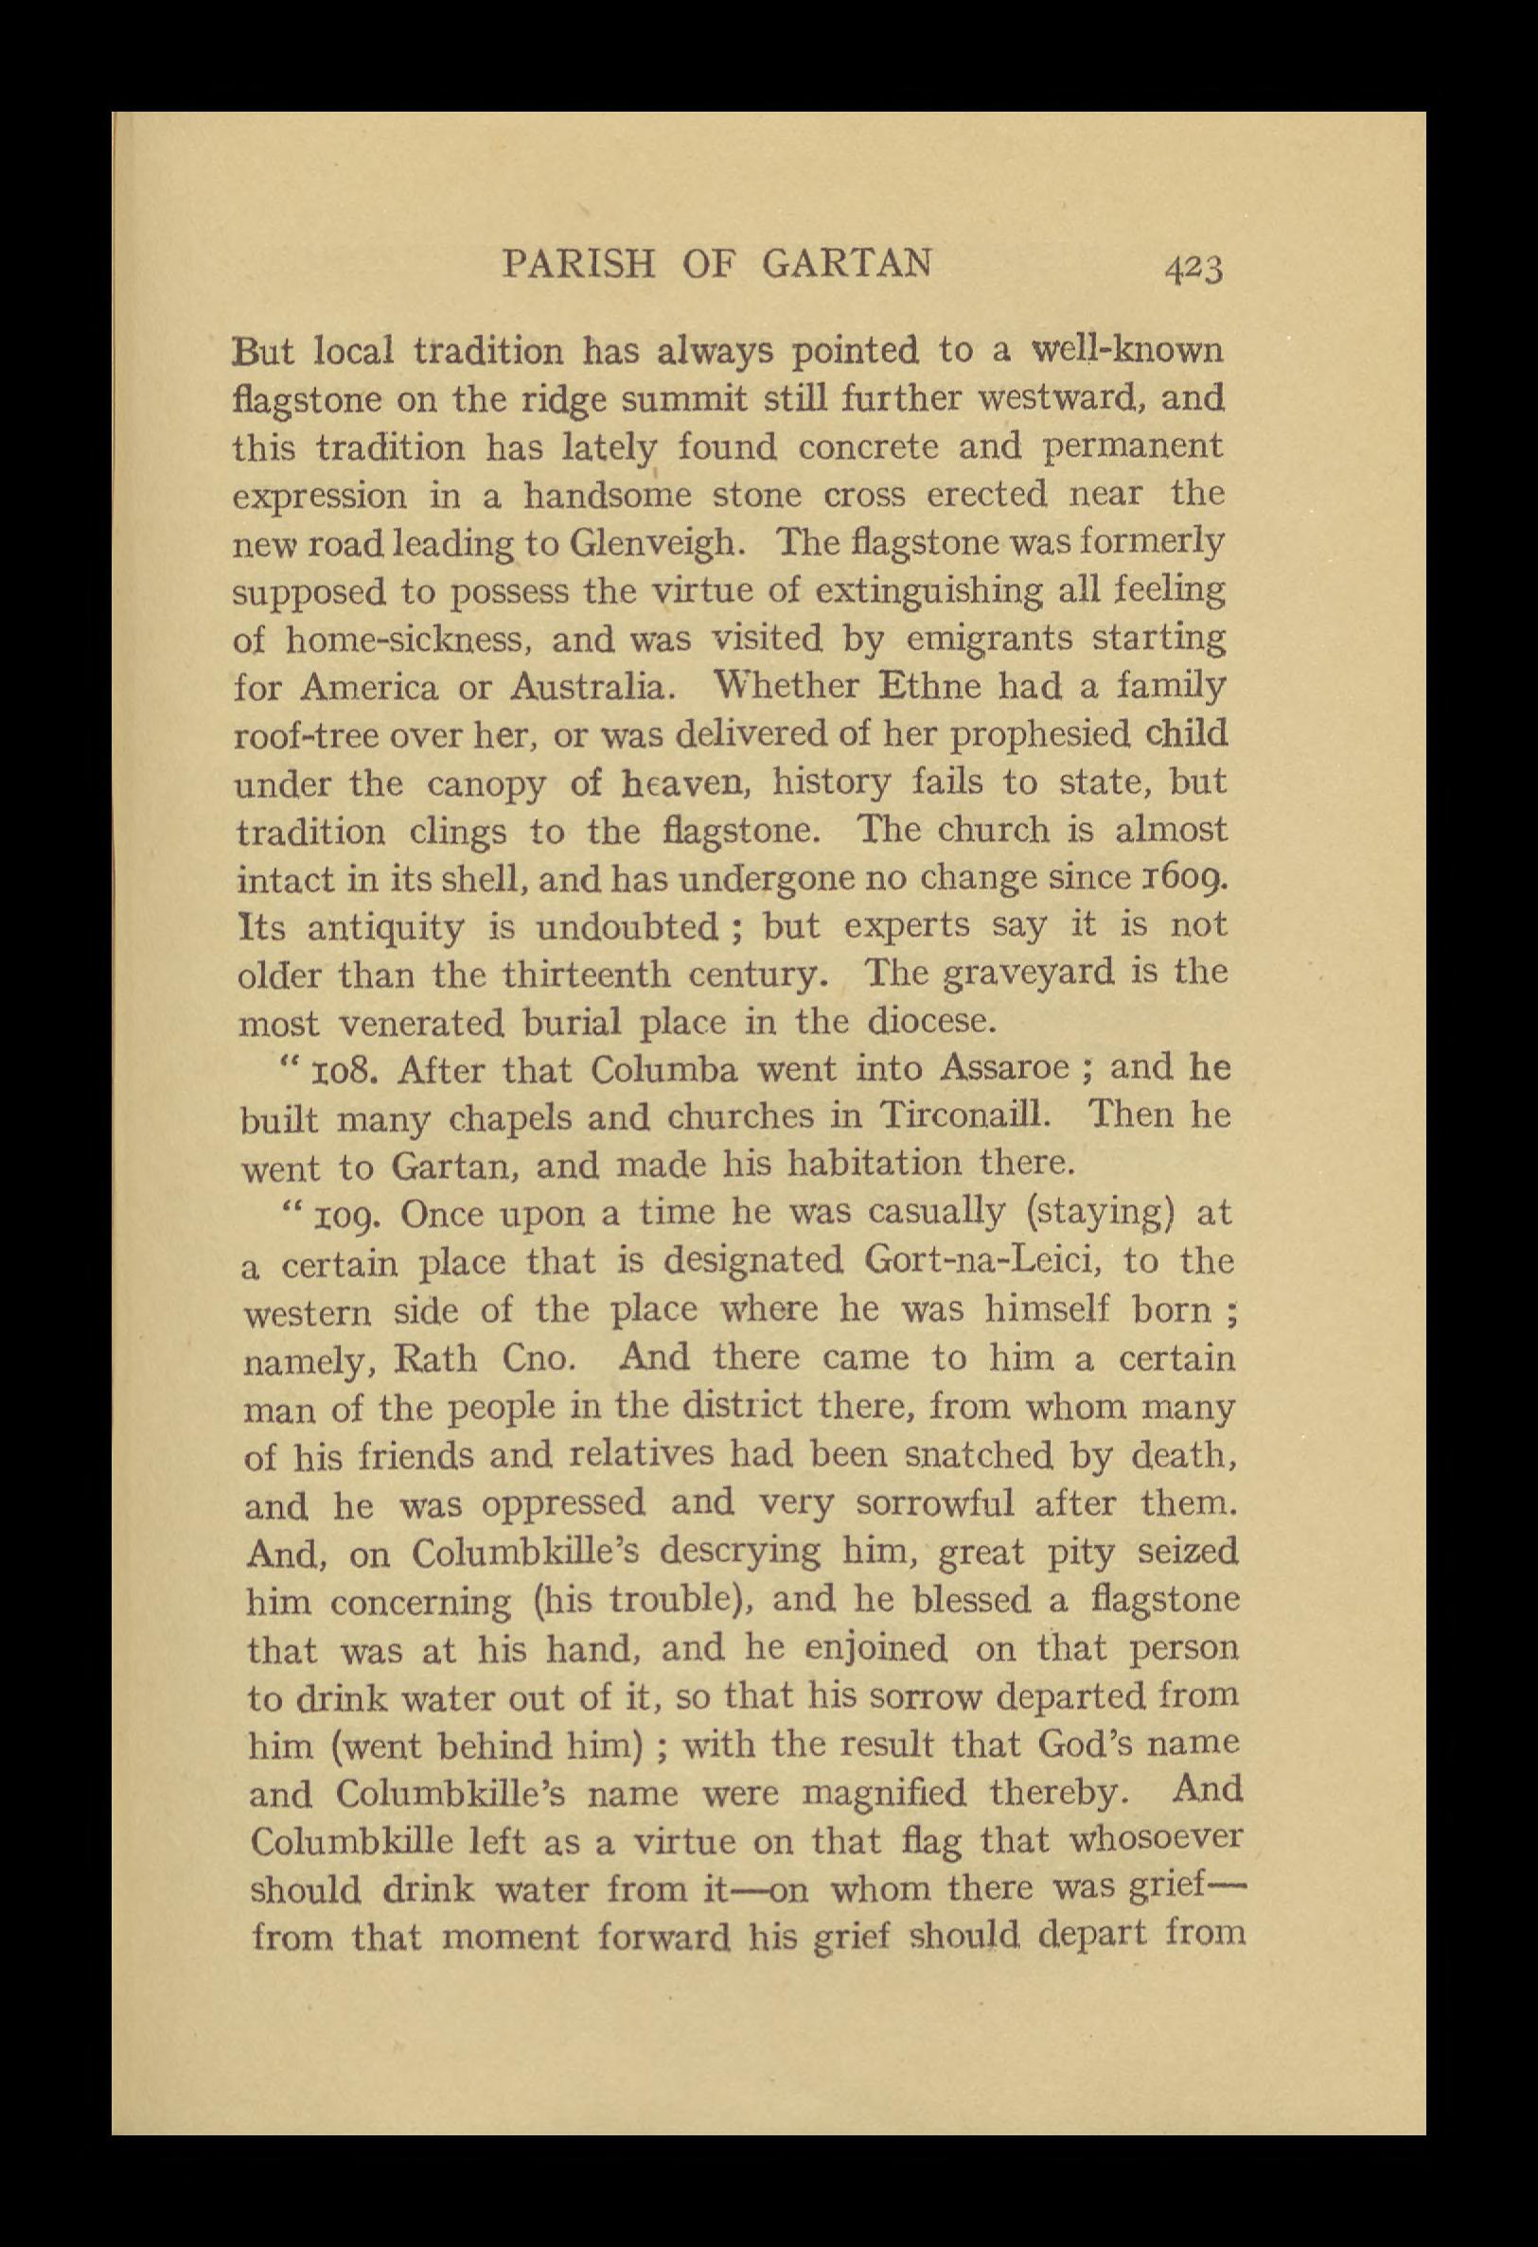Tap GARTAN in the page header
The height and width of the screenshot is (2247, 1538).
847,263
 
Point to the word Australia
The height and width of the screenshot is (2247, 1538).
588,687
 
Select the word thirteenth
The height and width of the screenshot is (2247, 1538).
586,973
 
